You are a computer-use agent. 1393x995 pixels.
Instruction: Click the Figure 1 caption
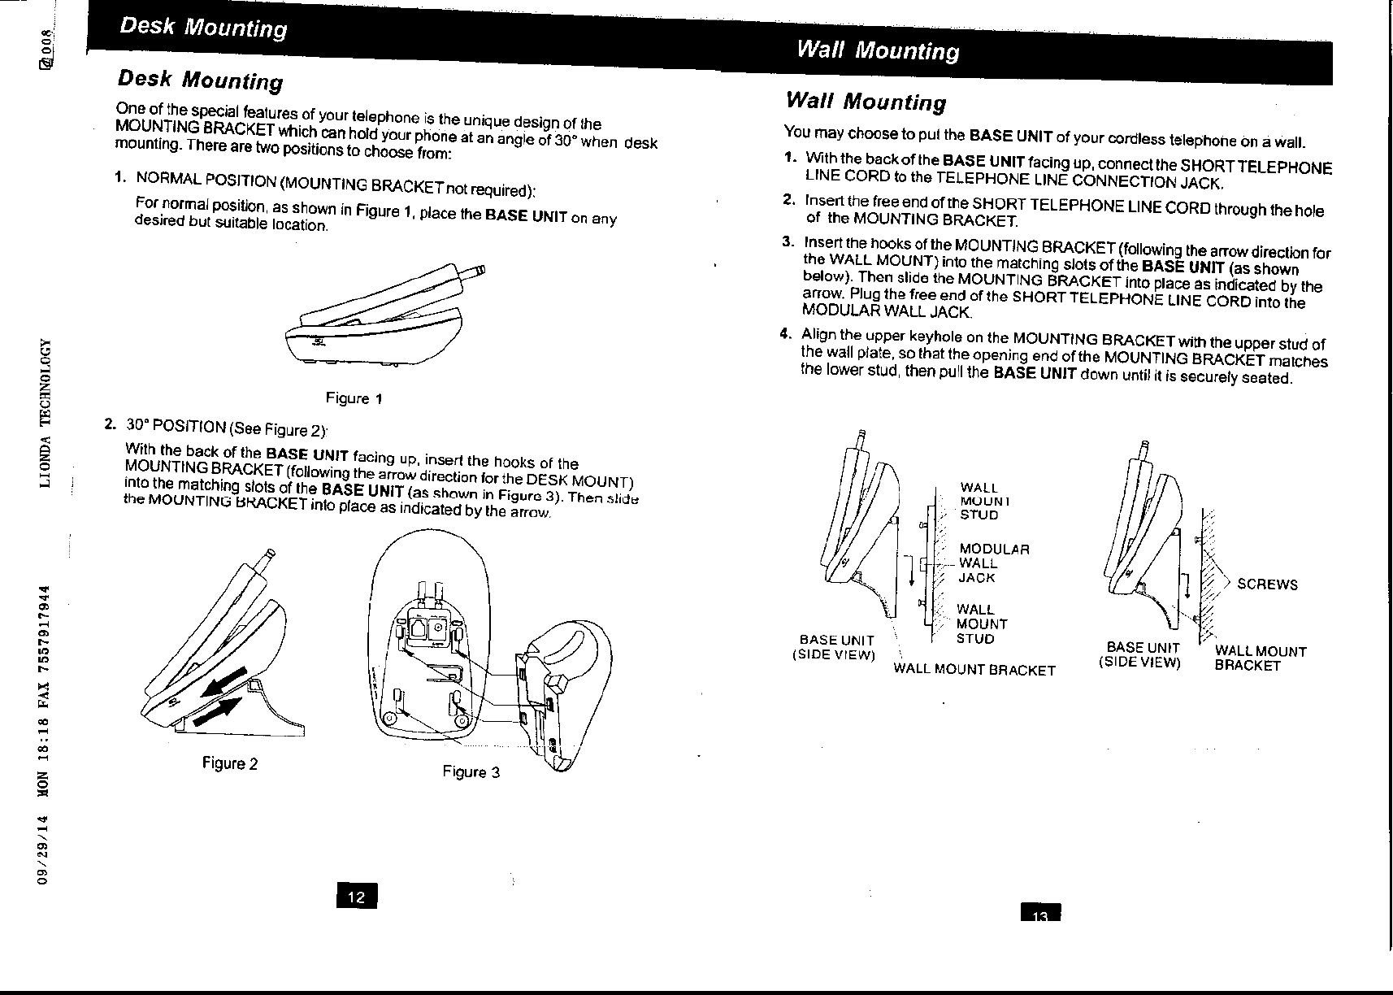pyautogui.click(x=354, y=398)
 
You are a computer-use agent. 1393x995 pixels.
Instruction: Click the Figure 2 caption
pyautogui.click(x=230, y=763)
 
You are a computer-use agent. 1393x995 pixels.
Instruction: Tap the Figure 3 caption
pyautogui.click(x=471, y=771)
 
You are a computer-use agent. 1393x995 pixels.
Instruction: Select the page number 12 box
pyautogui.click(x=356, y=897)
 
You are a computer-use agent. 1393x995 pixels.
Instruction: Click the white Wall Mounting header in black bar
pyautogui.click(x=877, y=51)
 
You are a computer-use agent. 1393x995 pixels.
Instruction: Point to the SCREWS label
pyautogui.click(x=1267, y=584)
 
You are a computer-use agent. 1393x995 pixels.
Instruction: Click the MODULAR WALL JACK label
pyautogui.click(x=993, y=563)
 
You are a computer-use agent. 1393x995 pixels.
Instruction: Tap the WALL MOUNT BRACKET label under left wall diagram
pyautogui.click(x=974, y=670)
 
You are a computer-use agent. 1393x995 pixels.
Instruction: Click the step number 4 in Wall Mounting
pyautogui.click(x=783, y=335)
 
